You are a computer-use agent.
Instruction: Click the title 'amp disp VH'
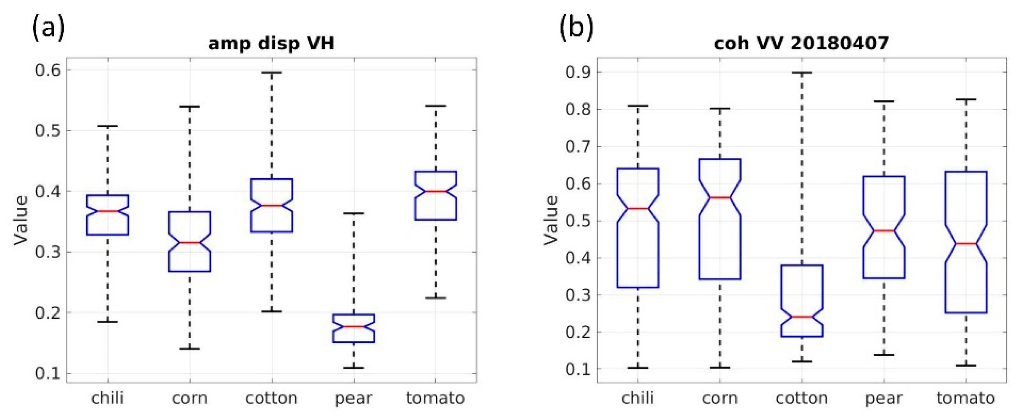271,43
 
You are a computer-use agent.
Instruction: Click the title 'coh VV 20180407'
801,43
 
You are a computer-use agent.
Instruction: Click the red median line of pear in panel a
354,327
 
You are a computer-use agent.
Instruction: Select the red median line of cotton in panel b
802,316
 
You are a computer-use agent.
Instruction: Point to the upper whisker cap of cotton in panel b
802,73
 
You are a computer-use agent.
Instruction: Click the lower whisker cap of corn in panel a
189,348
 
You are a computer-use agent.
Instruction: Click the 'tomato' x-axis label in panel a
435,398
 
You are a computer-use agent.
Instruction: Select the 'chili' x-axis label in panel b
638,398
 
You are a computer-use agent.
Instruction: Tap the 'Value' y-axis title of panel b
551,220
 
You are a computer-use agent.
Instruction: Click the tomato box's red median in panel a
436,191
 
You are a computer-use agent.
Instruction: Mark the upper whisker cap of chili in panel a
108,126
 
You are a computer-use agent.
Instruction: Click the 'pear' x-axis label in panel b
884,398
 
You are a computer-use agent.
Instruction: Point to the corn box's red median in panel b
720,197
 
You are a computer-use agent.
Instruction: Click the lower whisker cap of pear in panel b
884,355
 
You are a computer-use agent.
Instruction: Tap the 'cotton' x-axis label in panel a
271,398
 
